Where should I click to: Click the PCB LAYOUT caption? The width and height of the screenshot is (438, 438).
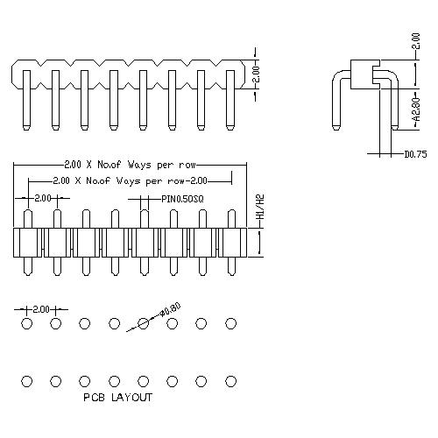tap(117, 398)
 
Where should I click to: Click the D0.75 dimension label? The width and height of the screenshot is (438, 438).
tap(415, 156)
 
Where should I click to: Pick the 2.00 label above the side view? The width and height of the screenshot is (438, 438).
tap(414, 39)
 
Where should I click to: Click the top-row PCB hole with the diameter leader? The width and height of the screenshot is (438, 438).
tap(143, 324)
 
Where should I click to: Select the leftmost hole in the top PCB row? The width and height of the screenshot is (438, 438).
tap(26, 324)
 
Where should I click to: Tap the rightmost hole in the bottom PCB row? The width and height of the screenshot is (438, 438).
tap(230, 381)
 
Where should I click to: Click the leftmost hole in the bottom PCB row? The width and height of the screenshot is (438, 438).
tap(26, 381)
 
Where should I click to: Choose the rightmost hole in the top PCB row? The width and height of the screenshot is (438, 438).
tap(230, 324)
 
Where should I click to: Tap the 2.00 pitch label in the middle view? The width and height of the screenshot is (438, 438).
tap(41, 199)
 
